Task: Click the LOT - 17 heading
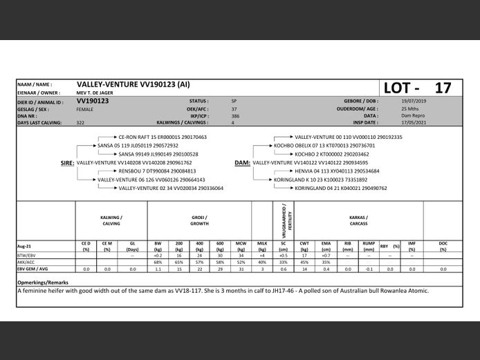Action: coord(416,88)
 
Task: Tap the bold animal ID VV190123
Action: coord(92,101)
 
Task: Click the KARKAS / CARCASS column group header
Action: coord(358,220)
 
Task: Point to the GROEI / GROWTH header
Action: coord(199,220)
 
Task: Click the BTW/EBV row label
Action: coord(27,256)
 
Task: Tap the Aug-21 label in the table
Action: coord(26,245)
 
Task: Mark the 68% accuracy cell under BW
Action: coord(158,263)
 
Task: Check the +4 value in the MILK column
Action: coord(262,256)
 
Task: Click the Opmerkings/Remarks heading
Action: coord(43,283)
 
